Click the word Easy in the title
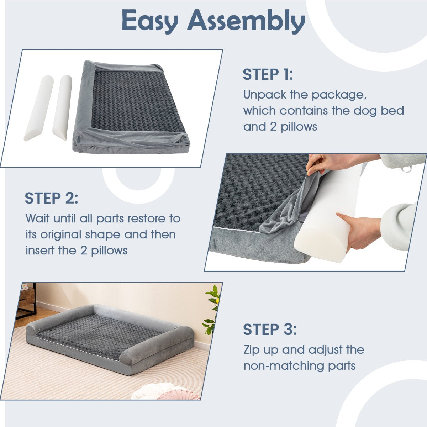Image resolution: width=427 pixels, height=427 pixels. click(149, 21)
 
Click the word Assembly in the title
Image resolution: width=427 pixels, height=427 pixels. click(247, 21)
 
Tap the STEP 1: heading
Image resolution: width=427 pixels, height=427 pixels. click(268, 75)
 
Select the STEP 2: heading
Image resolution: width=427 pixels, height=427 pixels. click(51, 198)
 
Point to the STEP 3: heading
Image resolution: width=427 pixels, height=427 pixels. click(270, 330)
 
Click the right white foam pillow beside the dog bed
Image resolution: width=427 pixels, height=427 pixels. click(62, 107)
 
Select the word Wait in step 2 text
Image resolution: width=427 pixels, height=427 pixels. click(37, 218)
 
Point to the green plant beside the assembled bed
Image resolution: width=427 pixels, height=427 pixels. click(212, 310)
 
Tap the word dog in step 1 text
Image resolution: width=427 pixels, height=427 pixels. click(365, 111)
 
